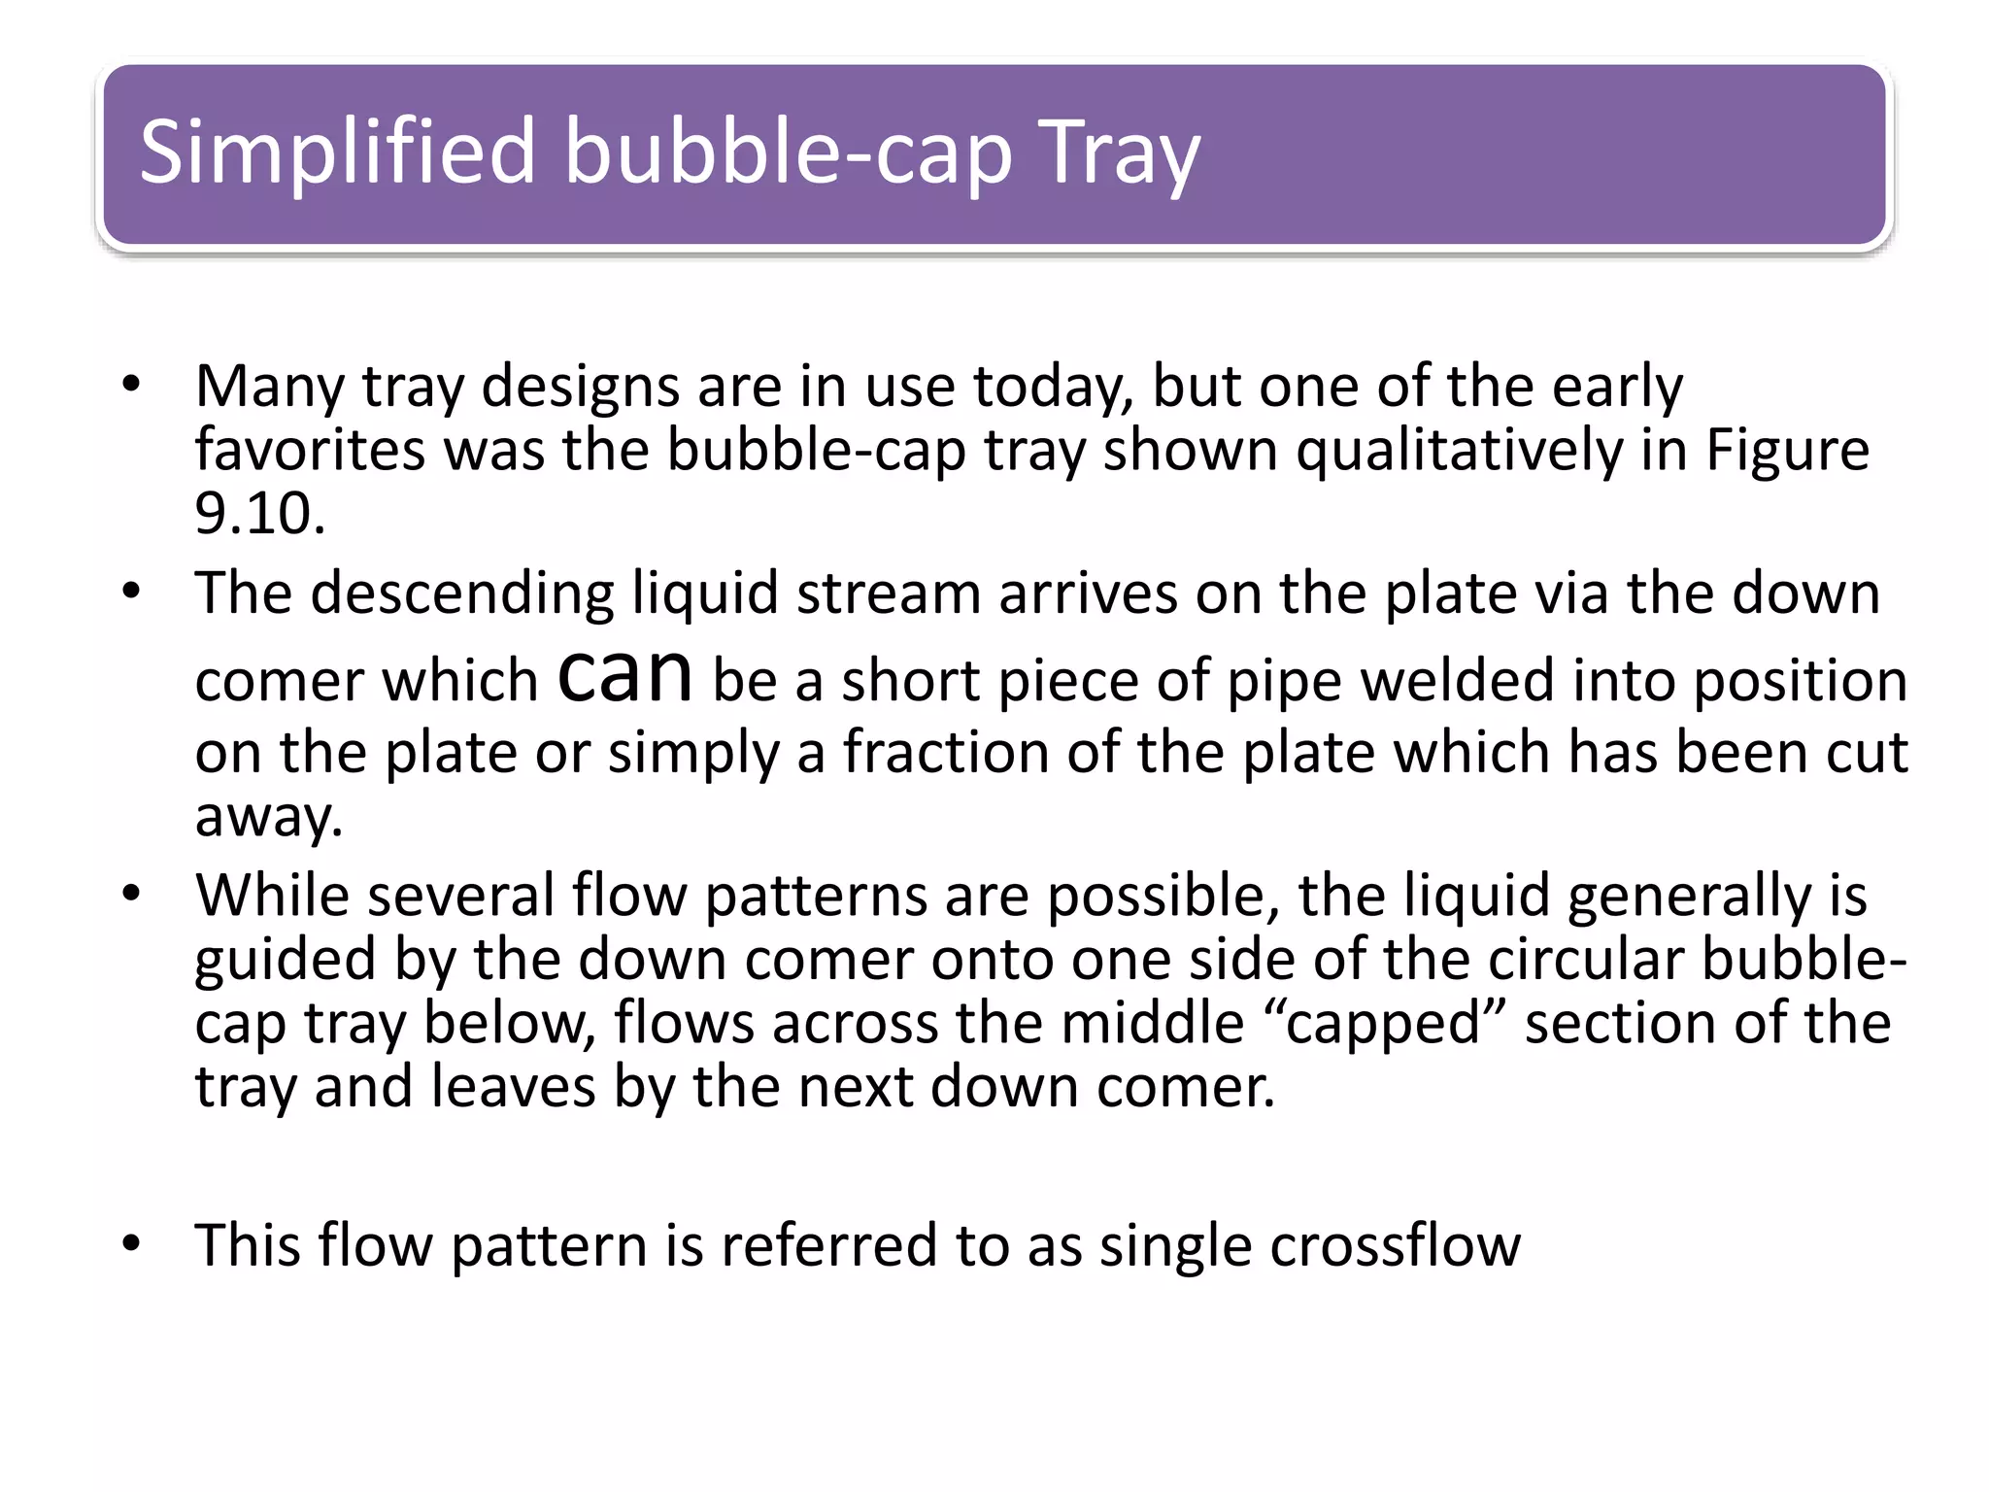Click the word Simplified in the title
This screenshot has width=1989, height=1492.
(x=337, y=152)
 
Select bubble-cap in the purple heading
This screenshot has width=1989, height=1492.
(x=788, y=152)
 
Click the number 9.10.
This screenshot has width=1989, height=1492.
(x=258, y=514)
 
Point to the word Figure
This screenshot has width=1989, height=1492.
(x=1787, y=451)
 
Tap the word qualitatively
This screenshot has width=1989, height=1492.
(x=1459, y=451)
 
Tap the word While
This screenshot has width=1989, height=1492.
(x=272, y=895)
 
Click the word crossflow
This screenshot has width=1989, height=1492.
(x=1395, y=1245)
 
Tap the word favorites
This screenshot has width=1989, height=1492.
(x=310, y=451)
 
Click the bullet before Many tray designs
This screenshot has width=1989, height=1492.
(x=132, y=385)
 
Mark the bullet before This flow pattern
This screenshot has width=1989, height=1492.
(x=132, y=1244)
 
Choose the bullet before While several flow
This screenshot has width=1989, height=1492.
(x=132, y=894)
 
